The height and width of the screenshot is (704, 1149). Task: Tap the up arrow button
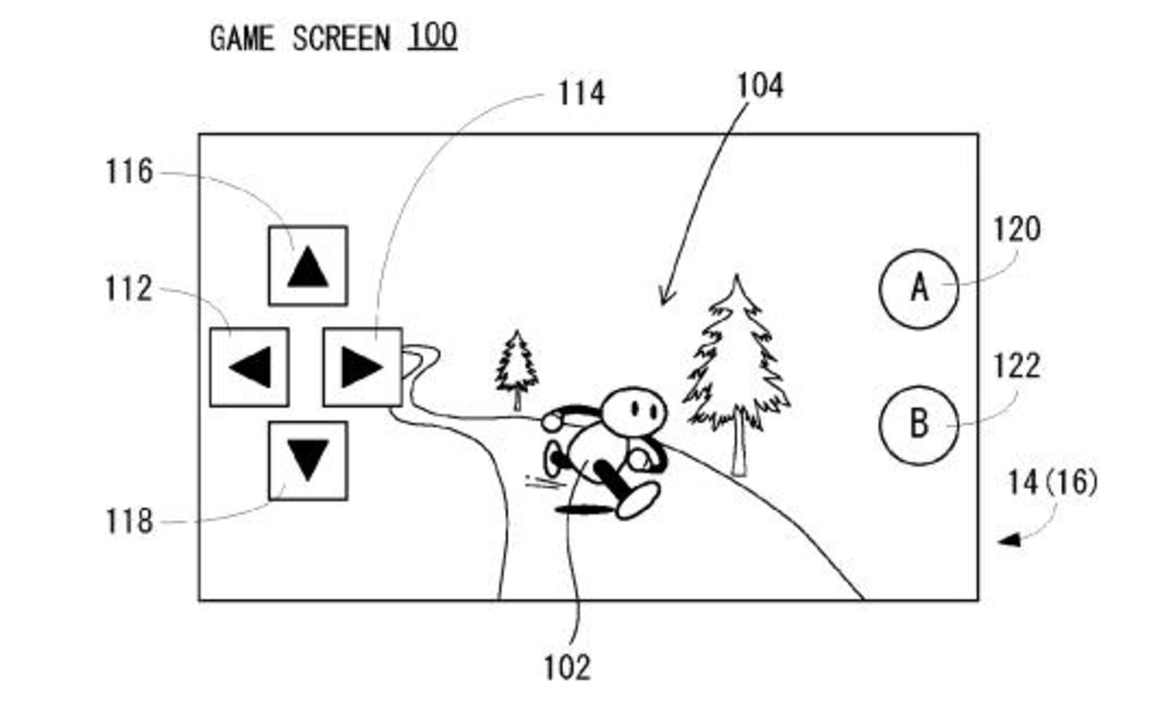pos(308,266)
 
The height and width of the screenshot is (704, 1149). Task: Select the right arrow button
pos(362,367)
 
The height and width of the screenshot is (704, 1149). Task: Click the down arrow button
pos(308,461)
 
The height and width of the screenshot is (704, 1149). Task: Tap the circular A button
pos(919,289)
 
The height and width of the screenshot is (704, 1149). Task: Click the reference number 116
pos(129,172)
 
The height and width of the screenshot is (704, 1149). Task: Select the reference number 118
pos(129,522)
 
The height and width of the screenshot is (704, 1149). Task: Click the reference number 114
pos(581,94)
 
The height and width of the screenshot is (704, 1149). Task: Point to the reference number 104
pos(759,86)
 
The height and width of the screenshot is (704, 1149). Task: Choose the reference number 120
pos(1017,229)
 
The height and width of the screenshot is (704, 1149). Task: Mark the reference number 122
pos(1017,366)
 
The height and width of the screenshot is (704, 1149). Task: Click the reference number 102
pos(567,668)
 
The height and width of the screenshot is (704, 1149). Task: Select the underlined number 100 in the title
pos(433,36)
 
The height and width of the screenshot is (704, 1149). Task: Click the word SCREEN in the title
pos(341,39)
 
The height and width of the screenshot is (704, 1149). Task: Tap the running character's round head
pos(634,412)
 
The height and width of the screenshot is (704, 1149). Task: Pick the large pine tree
pos(737,371)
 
